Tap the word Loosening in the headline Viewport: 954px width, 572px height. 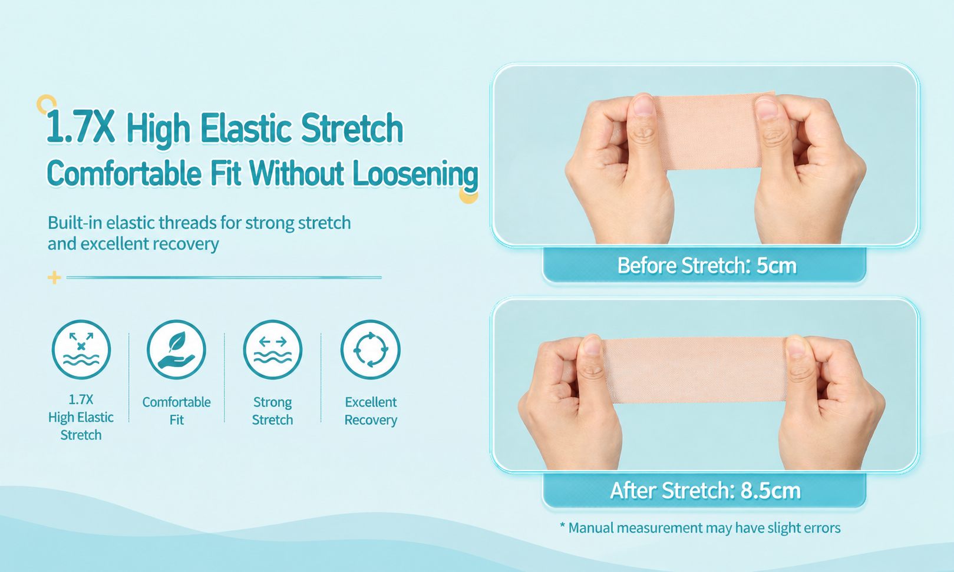(415, 174)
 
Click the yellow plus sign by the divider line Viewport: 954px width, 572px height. (54, 277)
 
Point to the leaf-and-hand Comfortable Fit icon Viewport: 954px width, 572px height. (176, 350)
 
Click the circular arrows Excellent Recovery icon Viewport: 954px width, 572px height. (371, 350)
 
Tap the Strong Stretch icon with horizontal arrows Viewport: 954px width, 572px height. (273, 350)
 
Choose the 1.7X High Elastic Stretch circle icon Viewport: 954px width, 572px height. (81, 350)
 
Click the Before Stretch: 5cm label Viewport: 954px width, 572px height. (707, 265)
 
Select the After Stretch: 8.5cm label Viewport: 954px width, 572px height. (705, 490)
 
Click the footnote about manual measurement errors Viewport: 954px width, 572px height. (700, 528)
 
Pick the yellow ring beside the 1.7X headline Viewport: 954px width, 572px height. (47, 104)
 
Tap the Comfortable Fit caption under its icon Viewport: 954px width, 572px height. (176, 411)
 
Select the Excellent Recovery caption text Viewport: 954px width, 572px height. (371, 411)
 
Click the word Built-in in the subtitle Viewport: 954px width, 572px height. (74, 223)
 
